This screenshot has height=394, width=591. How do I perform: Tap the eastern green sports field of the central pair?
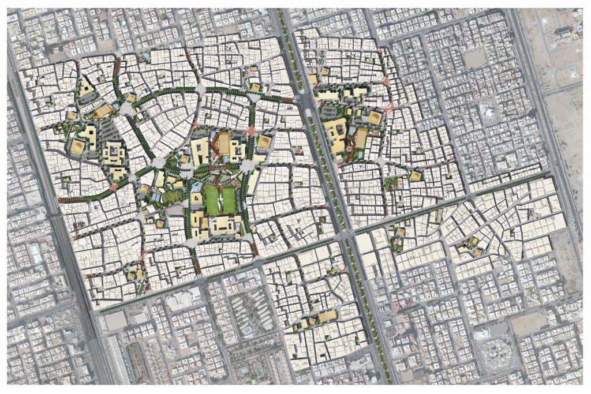click(x=229, y=199)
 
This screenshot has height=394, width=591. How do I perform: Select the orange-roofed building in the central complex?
click(x=223, y=144)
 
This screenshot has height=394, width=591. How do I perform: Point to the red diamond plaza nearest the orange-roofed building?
click(x=252, y=132)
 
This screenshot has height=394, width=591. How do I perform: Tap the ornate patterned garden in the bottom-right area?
click(x=494, y=351)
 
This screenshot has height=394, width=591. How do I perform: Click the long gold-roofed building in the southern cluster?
click(x=327, y=316)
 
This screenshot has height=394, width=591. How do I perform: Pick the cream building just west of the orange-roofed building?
click(x=200, y=151)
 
